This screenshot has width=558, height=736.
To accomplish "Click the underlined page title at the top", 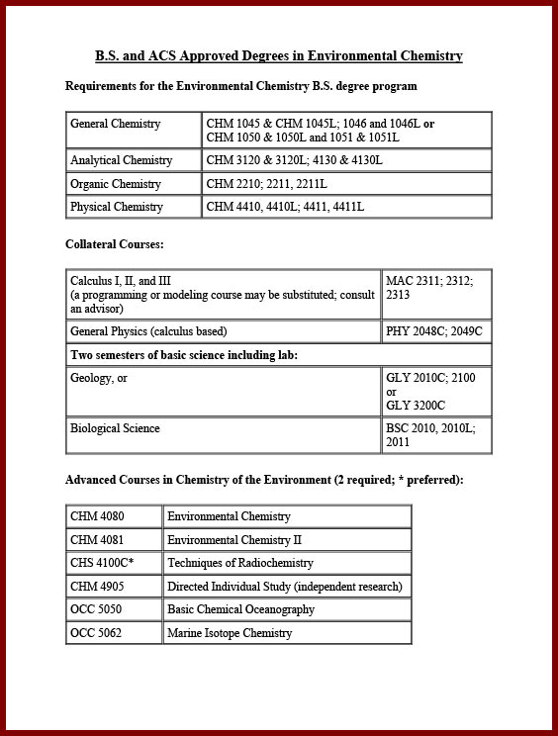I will point(278,56).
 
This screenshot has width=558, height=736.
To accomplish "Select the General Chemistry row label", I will point(116,125).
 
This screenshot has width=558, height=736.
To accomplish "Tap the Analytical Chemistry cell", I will point(122,160).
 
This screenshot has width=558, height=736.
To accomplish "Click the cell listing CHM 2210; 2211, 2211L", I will point(267,184).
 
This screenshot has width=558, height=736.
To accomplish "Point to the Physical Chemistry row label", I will point(117,207).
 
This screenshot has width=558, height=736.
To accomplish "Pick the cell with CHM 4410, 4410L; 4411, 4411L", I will point(286,207).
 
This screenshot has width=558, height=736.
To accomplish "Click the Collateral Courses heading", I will point(114,243).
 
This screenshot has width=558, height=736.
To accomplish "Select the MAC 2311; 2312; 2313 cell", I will point(429,288).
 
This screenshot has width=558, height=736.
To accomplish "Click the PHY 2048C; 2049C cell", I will point(434,331).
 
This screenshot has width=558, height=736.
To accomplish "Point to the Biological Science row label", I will point(115,428).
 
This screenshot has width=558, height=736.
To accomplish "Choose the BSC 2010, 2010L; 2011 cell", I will point(430,435).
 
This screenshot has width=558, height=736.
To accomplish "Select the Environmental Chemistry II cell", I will point(234,540).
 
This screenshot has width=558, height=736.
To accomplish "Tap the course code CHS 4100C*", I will point(102,563).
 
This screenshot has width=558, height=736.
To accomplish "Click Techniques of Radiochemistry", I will point(240,563).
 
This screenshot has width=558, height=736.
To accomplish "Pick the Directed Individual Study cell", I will point(285,587).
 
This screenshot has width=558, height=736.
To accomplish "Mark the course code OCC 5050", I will point(96,609).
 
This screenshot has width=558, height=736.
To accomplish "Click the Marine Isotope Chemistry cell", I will point(230,633).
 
